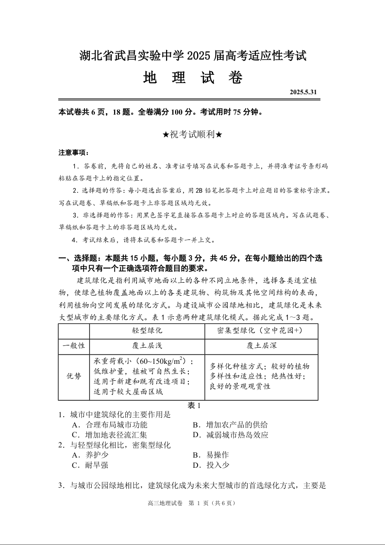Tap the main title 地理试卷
point(193,78)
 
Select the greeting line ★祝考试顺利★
point(193,135)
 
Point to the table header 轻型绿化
point(147,330)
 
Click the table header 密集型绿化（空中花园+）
point(261,330)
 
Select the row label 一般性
point(74,346)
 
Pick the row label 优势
point(74,377)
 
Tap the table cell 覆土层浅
point(147,346)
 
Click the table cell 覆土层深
point(261,346)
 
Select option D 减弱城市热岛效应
point(231,435)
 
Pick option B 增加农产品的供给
point(231,425)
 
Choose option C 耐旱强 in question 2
point(90,465)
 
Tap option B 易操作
point(211,455)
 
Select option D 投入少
point(211,465)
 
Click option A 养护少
point(90,455)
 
